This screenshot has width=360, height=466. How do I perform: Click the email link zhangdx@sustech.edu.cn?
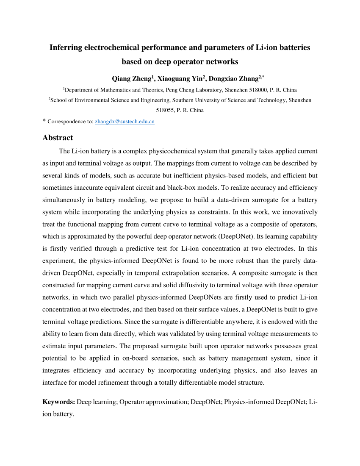tap(125, 122)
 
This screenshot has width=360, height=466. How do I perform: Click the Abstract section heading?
tap(58, 138)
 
